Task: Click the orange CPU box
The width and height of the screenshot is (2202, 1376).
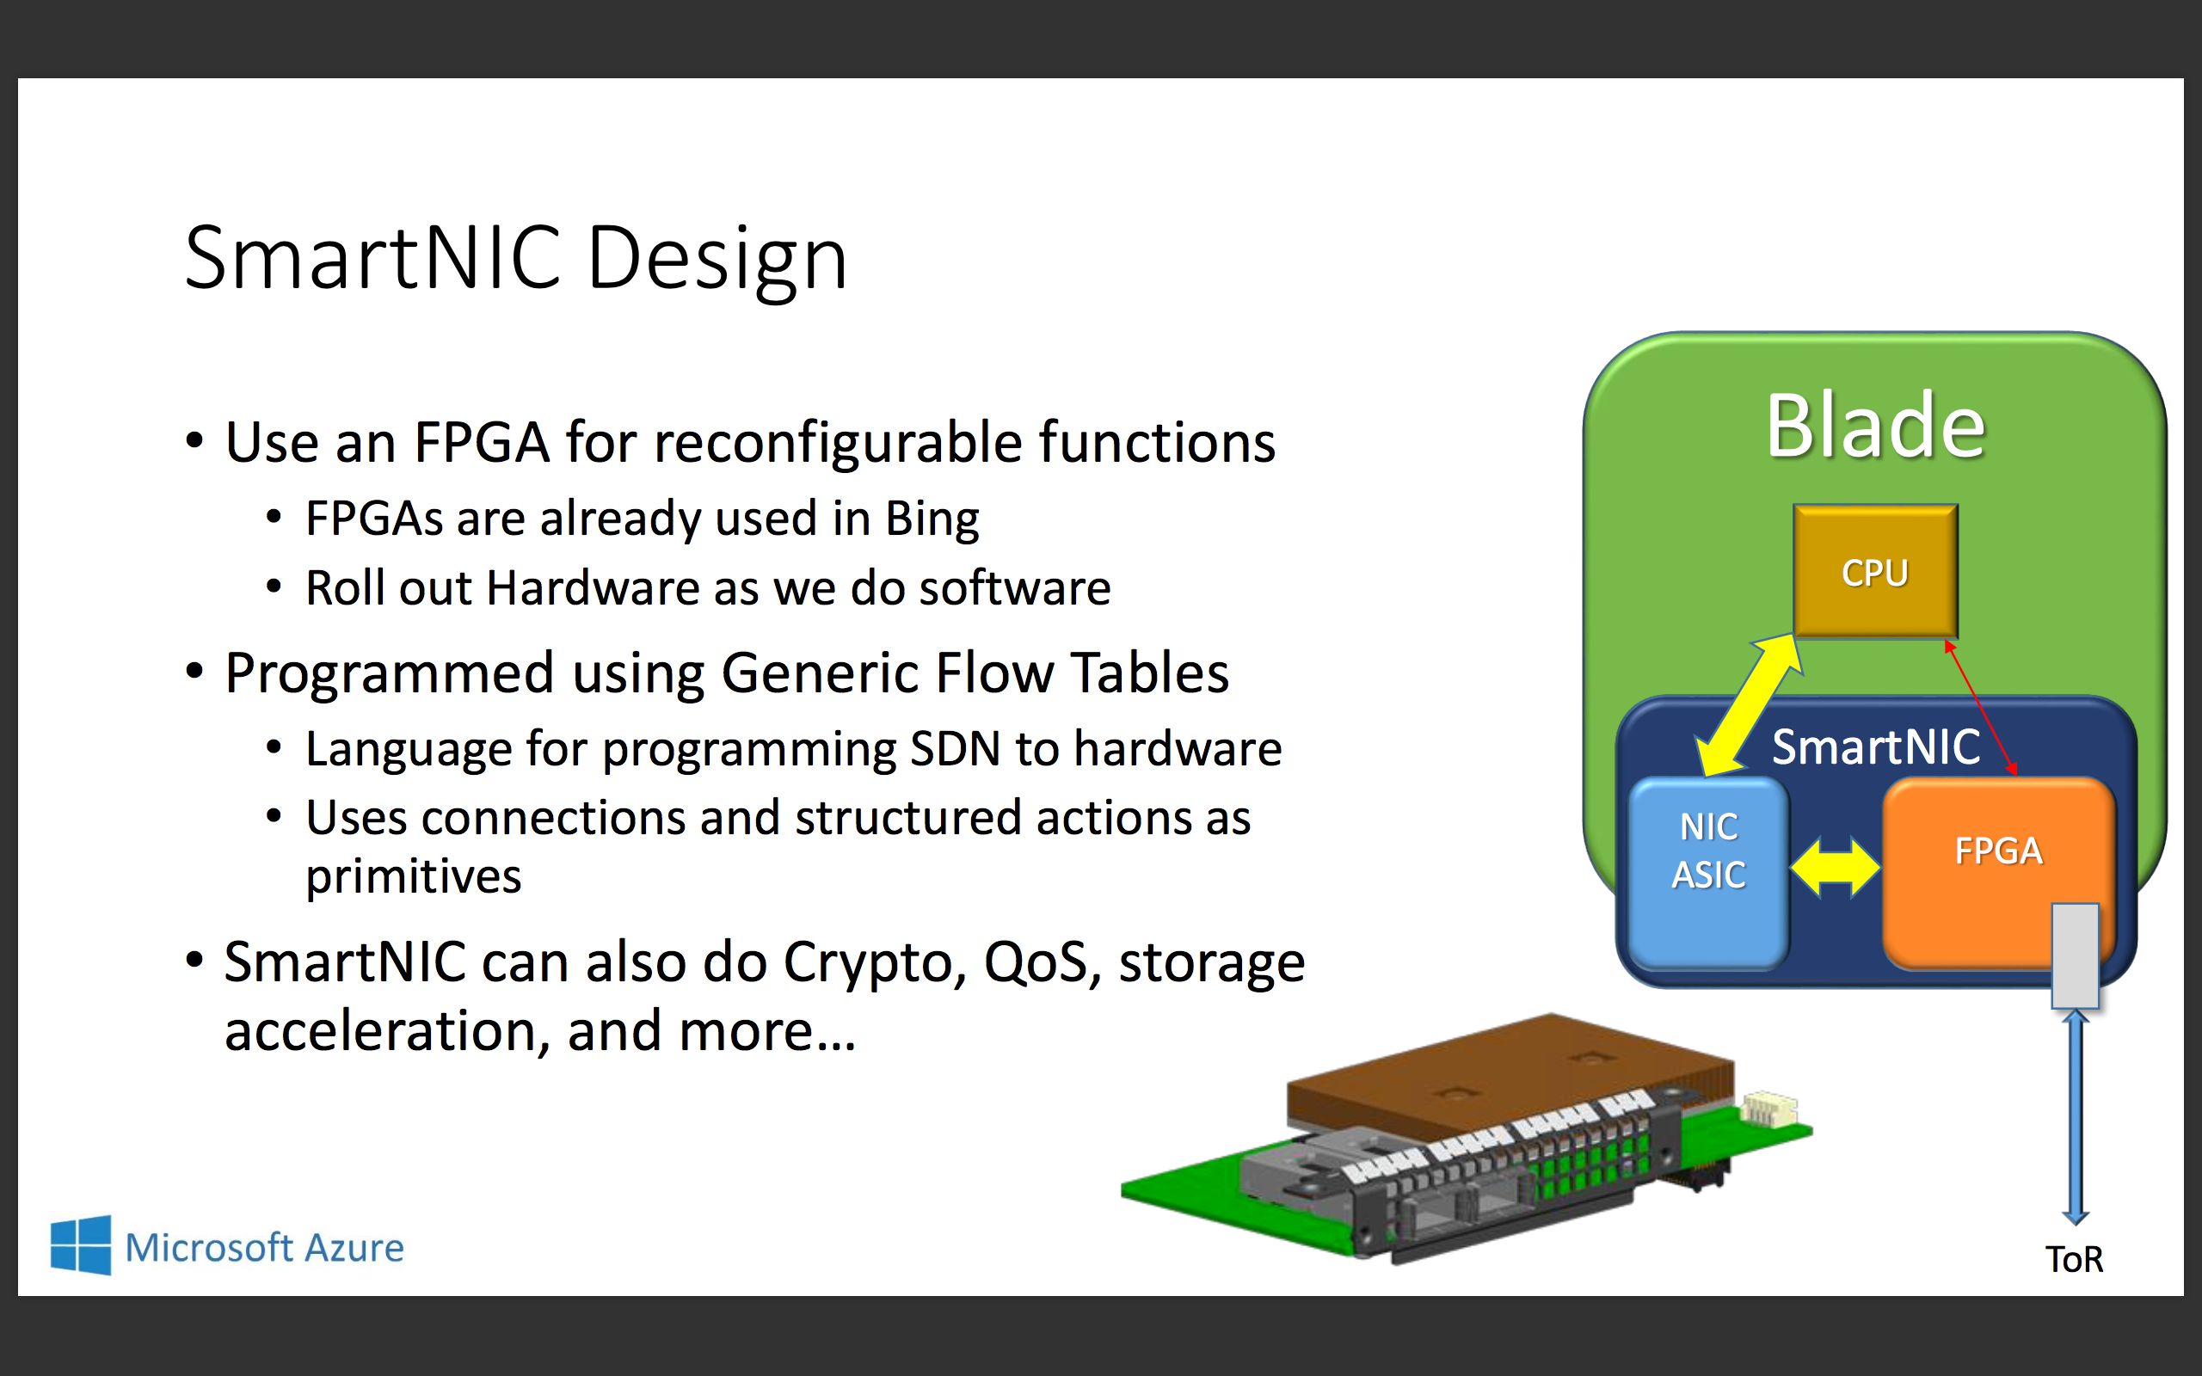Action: [1874, 572]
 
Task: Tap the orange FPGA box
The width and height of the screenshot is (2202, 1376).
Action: [1997, 851]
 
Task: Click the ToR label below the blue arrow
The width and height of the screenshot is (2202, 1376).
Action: [2074, 1260]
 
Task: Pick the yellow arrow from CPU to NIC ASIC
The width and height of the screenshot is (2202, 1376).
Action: [1749, 705]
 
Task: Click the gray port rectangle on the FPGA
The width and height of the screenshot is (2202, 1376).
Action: [2075, 955]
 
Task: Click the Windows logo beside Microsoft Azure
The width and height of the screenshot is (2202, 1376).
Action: [81, 1245]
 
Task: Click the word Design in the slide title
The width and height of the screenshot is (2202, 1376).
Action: [717, 260]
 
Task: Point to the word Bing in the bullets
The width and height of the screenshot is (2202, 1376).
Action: [932, 519]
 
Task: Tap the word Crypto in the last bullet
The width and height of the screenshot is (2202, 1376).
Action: [875, 963]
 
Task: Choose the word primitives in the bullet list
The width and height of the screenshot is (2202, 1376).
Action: [413, 875]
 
